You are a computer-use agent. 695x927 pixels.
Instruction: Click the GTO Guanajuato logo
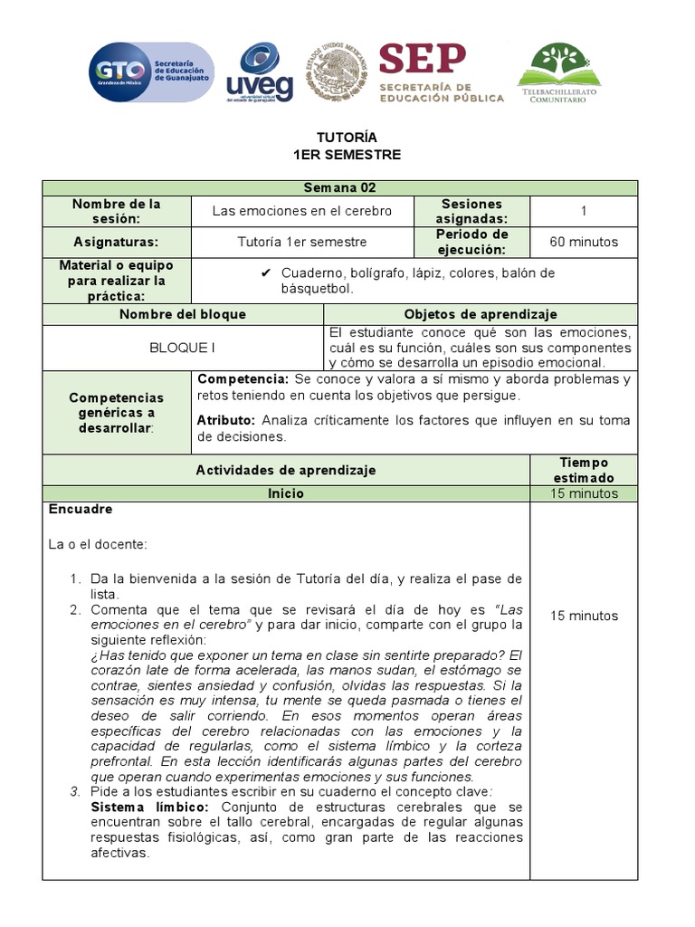click(151, 72)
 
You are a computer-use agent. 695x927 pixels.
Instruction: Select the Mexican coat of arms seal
click(338, 72)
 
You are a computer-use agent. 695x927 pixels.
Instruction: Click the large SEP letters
click(423, 59)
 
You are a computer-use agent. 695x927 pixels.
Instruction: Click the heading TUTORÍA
click(346, 138)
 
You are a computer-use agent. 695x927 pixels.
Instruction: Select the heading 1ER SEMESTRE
click(346, 155)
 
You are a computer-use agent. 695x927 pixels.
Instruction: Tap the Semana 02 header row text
click(339, 188)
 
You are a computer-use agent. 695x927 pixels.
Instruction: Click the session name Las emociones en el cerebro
click(302, 211)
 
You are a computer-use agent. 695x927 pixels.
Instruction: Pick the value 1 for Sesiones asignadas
click(584, 211)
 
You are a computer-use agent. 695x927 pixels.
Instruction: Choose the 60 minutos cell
click(584, 242)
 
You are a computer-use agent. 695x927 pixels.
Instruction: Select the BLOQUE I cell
click(183, 348)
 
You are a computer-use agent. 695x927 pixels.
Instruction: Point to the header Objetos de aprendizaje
click(480, 314)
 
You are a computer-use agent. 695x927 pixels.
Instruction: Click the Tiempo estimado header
click(584, 470)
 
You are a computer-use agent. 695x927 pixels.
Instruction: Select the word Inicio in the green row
click(286, 493)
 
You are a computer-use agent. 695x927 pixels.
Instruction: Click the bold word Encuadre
click(80, 509)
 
